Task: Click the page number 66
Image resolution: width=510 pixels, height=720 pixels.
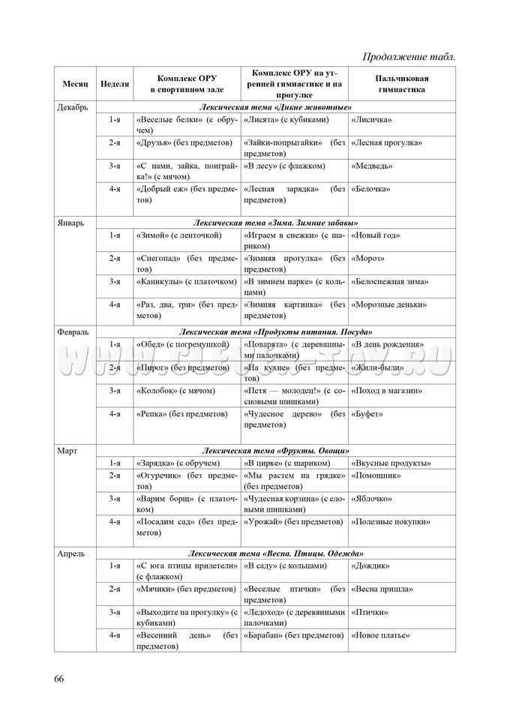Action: [x=58, y=679]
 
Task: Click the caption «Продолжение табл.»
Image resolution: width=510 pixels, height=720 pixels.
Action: [x=409, y=56]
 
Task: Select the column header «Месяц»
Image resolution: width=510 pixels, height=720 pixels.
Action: [x=75, y=83]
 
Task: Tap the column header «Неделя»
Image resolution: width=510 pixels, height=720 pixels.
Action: [x=115, y=83]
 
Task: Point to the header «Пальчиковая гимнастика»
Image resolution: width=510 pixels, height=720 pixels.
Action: [x=401, y=83]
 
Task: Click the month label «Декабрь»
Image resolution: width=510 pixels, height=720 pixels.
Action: [x=73, y=107]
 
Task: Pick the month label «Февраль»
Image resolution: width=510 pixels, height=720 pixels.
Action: [x=73, y=331]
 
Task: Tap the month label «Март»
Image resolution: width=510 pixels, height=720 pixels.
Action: [x=67, y=451]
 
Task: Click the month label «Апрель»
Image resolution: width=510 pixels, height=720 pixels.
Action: [x=70, y=553]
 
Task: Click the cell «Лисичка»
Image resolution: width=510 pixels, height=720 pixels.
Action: [x=372, y=119]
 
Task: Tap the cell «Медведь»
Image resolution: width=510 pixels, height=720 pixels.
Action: [x=372, y=166]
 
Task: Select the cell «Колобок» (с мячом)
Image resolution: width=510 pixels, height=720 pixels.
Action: [x=175, y=391]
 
